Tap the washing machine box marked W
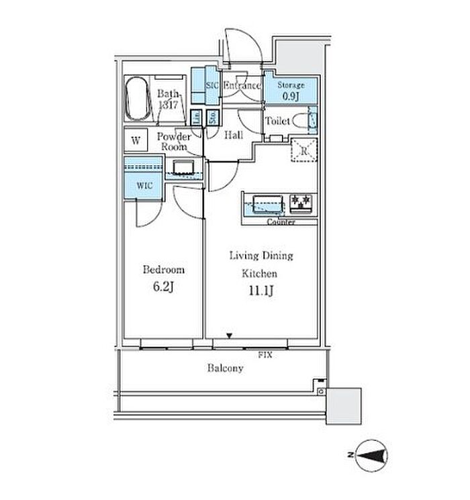pos(136,141)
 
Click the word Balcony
pos(224,368)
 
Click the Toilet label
pos(277,121)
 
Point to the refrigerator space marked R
pos(303,151)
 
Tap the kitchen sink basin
pos(268,202)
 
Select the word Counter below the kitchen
pos(281,221)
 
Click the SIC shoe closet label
pos(211,86)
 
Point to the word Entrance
pos(241,86)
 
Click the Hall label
pos(233,135)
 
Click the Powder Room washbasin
pos(183,167)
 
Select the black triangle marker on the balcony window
pos(230,336)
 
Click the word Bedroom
pos(163,270)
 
